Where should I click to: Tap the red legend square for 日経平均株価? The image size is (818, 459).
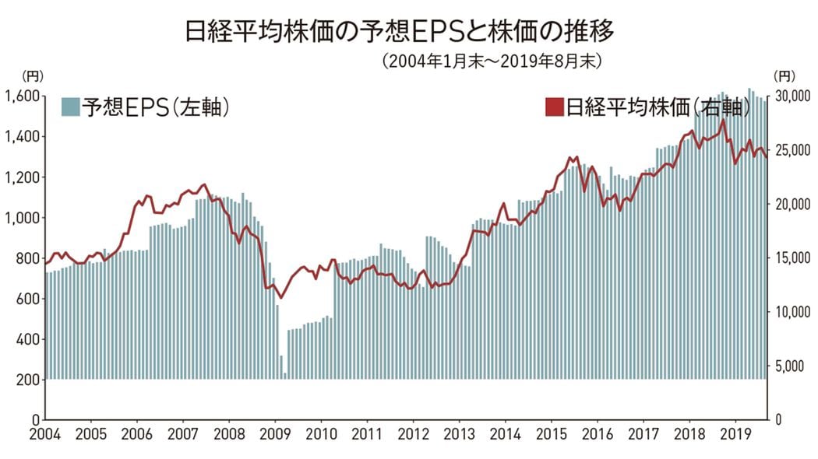point(554,107)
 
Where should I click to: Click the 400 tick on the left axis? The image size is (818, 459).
point(26,339)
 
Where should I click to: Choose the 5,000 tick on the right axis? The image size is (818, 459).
point(792,366)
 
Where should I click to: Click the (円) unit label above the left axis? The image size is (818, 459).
point(33,75)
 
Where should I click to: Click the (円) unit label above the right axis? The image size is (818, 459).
point(785,75)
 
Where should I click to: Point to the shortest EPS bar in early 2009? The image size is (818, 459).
point(285,377)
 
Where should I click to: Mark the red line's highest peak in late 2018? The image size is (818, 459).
point(723,121)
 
